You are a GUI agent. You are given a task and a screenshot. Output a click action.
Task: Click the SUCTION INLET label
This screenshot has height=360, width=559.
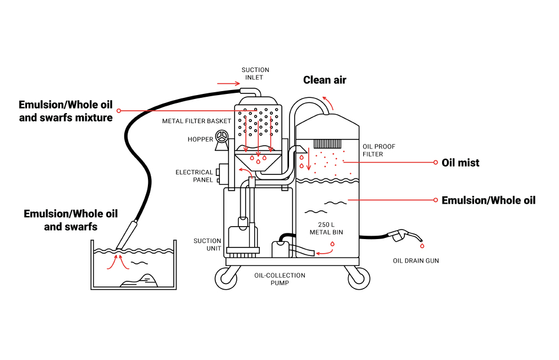tap(255, 74)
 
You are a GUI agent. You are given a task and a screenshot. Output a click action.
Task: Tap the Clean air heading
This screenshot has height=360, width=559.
tap(324, 80)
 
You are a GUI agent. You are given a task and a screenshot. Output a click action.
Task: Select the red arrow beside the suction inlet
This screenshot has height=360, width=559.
tap(228, 84)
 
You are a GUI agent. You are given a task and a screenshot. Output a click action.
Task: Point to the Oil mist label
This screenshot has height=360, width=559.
tap(460, 163)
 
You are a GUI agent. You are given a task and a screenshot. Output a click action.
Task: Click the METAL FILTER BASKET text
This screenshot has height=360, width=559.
tap(196, 121)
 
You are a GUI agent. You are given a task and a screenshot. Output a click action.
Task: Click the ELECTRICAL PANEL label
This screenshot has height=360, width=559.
tap(194, 176)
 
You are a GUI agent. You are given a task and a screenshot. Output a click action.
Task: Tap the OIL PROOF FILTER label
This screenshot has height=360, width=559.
tap(378, 150)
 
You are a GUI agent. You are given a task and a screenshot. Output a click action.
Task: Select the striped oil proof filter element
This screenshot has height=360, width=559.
tap(327, 143)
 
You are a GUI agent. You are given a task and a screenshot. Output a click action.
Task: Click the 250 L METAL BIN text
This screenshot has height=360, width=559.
tap(326, 228)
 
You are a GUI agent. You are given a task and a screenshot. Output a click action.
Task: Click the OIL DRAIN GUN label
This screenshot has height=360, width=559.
tap(416, 261)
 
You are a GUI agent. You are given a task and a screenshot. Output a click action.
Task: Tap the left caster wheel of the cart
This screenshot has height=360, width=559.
tap(227, 278)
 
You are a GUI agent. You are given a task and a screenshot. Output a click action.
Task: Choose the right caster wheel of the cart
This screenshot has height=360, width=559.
tap(359, 278)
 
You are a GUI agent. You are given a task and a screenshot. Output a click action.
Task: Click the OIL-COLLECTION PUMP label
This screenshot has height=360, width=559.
tap(279, 279)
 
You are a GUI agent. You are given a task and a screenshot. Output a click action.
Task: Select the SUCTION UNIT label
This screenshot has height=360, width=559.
tap(207, 245)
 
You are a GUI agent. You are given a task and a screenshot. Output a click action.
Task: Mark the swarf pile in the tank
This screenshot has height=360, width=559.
tap(139, 280)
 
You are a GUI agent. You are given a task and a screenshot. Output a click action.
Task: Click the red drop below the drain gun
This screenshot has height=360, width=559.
tap(422, 246)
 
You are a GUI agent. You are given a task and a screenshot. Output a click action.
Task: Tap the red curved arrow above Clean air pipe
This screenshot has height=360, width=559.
tap(328, 102)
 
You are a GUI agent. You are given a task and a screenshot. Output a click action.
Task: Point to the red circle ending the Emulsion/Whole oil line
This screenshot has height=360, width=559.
tap(436, 200)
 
